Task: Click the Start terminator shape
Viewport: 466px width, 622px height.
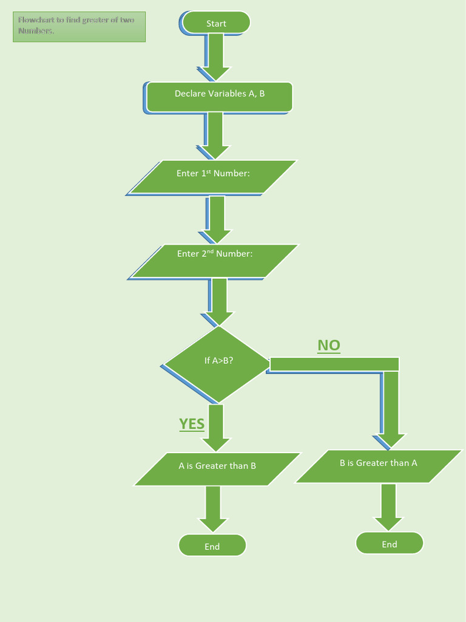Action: (x=216, y=23)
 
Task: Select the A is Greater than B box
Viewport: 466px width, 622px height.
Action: (x=217, y=469)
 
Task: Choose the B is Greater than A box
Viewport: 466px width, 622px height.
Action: (x=379, y=466)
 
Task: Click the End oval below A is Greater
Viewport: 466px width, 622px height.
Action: (x=212, y=545)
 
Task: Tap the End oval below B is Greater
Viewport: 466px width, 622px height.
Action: (x=390, y=543)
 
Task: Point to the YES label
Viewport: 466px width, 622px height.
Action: (x=192, y=423)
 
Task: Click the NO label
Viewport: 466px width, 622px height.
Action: (x=329, y=346)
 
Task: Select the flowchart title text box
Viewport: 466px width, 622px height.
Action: (x=79, y=27)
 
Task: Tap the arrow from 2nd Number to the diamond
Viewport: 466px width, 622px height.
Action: (x=219, y=301)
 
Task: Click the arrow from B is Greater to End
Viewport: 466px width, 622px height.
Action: (x=389, y=507)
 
